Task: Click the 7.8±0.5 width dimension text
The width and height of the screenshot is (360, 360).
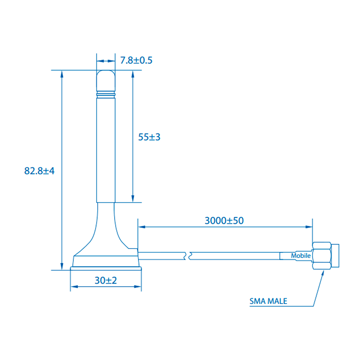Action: coord(136,60)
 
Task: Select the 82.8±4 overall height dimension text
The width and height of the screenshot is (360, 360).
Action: coord(39,171)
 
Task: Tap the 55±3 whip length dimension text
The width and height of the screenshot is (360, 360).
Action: coord(149,137)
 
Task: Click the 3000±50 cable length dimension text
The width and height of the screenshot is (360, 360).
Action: coord(224,220)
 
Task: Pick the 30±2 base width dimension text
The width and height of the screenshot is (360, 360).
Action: coord(106,280)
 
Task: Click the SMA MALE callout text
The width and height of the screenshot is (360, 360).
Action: coord(269,301)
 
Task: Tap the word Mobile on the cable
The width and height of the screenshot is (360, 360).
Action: coord(301,256)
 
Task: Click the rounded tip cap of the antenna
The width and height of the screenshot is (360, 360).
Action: coord(106,81)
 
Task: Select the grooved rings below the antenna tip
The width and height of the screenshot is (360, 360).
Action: coord(106,95)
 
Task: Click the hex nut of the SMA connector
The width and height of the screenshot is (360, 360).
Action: coord(322,256)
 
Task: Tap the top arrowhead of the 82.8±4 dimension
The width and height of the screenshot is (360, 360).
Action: coord(62,73)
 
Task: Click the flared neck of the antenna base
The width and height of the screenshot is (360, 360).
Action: coord(106,230)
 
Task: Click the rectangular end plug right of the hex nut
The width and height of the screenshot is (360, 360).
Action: coord(336,256)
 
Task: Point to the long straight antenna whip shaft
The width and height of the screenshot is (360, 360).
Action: coord(106,148)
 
